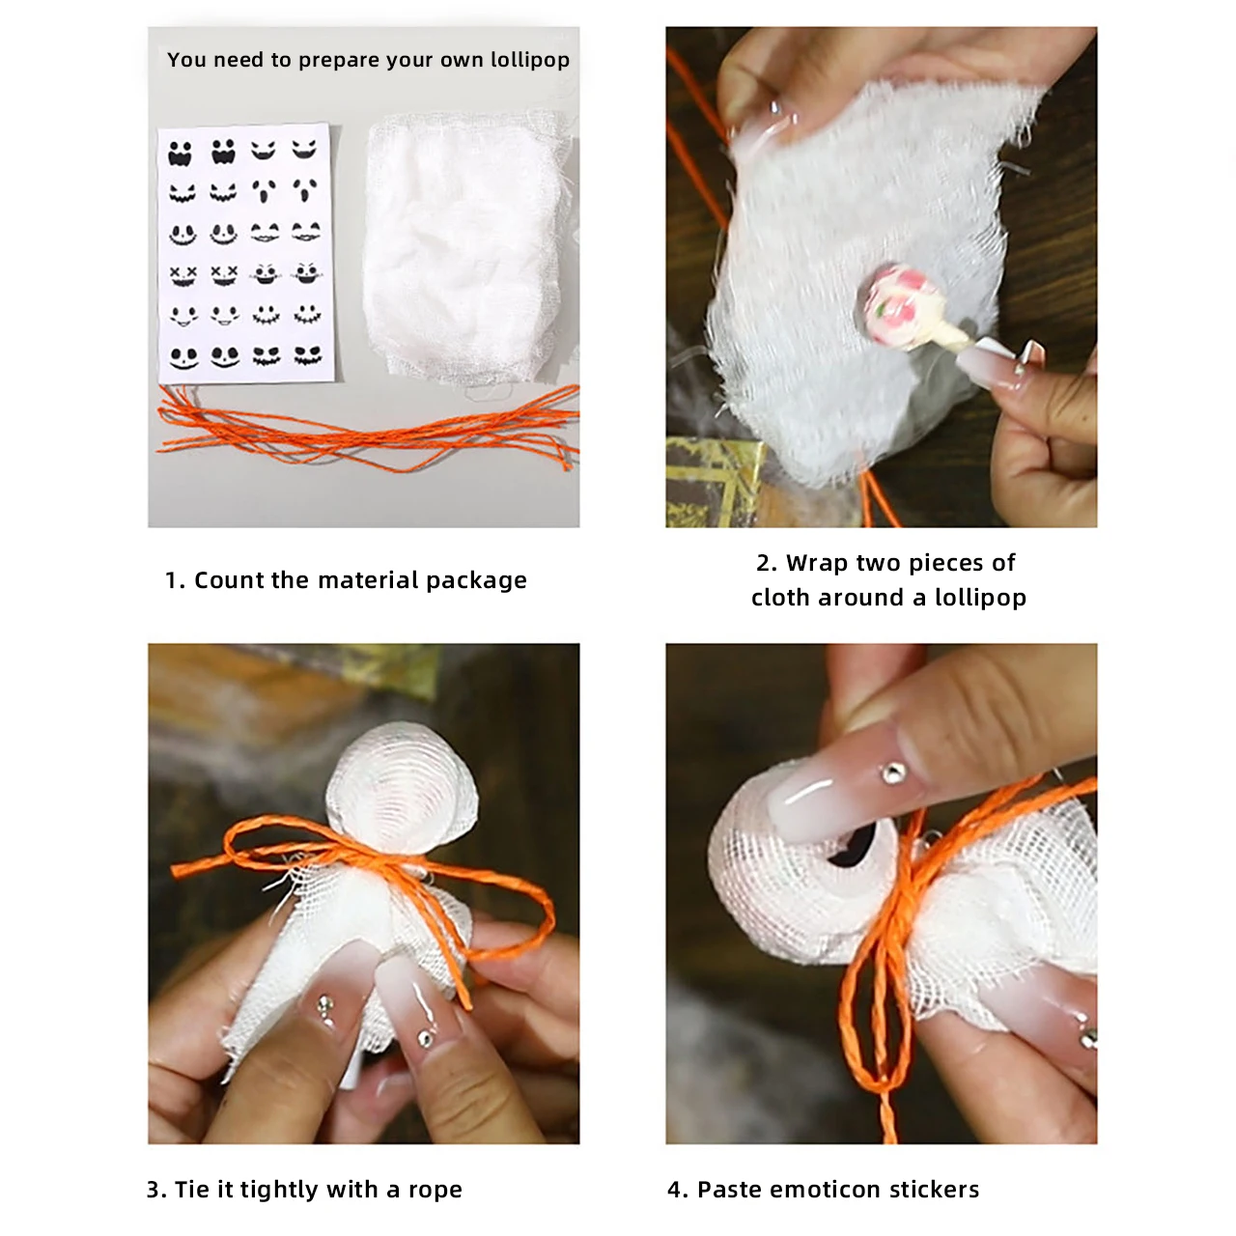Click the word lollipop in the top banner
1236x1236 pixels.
529,60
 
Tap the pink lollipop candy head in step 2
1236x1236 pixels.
899,305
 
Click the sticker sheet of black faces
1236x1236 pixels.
245,253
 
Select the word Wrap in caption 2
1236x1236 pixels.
817,563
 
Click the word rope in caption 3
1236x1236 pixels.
435,1190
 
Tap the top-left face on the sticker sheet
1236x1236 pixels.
181,153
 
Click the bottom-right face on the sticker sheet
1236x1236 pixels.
307,356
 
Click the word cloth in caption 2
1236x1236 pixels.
779,598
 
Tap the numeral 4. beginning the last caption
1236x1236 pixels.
677,1190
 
